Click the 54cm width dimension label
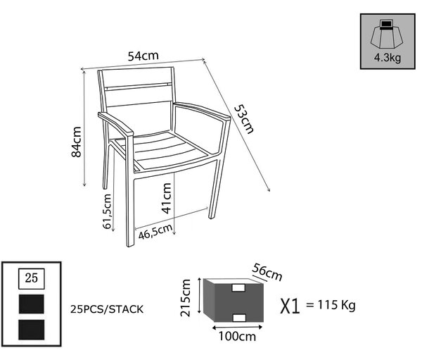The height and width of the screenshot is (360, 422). tap(143, 56)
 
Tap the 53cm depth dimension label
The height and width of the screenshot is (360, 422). tap(244, 119)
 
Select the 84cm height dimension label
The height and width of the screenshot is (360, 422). tap(76, 142)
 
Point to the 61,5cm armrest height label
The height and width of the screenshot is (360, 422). tap(107, 211)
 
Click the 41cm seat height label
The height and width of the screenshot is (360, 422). tap(167, 198)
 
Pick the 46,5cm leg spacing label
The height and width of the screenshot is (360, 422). tap(155, 231)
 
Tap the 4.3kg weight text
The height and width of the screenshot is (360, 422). tap(388, 58)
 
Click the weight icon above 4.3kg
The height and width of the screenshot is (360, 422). tap(386, 34)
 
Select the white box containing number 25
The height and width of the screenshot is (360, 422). tap(32, 278)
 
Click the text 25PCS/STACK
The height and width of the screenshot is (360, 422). tap(107, 309)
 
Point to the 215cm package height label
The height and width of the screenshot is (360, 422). tap(186, 298)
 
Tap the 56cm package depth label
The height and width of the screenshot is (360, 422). tap(267, 272)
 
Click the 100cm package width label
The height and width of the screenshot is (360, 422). tap(237, 337)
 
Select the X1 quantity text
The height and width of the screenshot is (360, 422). tap(290, 306)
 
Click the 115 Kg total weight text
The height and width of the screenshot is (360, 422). tap(336, 305)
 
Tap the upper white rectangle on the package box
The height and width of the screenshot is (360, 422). tap(238, 287)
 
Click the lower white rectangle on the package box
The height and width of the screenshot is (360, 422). tap(239, 318)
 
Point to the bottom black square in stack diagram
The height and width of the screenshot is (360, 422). tap(32, 330)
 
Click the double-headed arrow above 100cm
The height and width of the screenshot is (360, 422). tap(238, 328)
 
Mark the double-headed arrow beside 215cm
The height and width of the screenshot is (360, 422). tap(200, 296)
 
